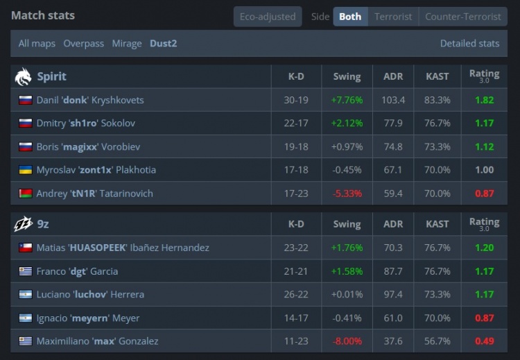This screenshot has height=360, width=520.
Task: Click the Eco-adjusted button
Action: pyautogui.click(x=268, y=17)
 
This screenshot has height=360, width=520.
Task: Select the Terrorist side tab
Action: pyautogui.click(x=393, y=17)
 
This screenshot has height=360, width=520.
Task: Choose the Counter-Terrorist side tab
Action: pyautogui.click(x=463, y=17)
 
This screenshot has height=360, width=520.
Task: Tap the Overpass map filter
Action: pyautogui.click(x=84, y=44)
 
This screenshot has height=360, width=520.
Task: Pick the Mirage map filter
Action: pyautogui.click(x=127, y=44)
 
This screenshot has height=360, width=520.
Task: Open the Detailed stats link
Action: pyautogui.click(x=469, y=44)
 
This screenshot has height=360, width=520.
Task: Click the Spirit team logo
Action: pyautogui.click(x=23, y=76)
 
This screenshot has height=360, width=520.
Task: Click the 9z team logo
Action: pyautogui.click(x=23, y=224)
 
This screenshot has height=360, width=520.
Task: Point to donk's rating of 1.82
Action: pyautogui.click(x=484, y=100)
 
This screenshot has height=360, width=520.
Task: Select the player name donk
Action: pyautogui.click(x=75, y=100)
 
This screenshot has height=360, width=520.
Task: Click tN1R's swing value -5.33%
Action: pyautogui.click(x=347, y=194)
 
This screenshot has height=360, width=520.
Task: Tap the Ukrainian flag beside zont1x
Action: pyautogui.click(x=26, y=170)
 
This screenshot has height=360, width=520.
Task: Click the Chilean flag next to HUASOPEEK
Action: pyautogui.click(x=26, y=248)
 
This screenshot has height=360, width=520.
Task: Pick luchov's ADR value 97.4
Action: pyautogui.click(x=393, y=294)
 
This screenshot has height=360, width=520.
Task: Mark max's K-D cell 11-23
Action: pyautogui.click(x=296, y=341)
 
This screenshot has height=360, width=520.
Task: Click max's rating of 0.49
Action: pyautogui.click(x=484, y=341)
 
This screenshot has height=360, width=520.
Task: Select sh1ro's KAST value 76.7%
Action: pyautogui.click(x=437, y=123)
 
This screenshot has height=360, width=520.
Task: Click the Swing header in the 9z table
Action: pyautogui.click(x=347, y=224)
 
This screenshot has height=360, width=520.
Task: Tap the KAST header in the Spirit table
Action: pyautogui.click(x=437, y=76)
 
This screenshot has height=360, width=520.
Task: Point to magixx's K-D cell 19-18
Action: pyautogui.click(x=296, y=146)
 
